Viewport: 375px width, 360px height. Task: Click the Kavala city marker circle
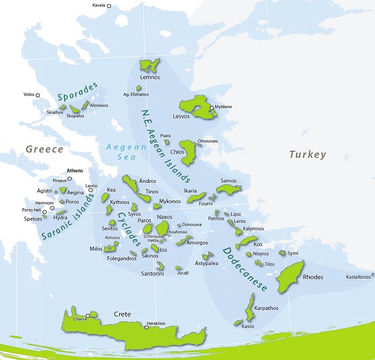pos(109,6)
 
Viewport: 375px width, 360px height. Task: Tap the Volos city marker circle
pos(38,95)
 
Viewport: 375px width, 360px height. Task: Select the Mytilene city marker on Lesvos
pos(212,108)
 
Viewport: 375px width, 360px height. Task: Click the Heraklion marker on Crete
pos(147,327)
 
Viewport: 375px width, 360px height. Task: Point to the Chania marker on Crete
pos(88,316)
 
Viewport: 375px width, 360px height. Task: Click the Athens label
pos(75,171)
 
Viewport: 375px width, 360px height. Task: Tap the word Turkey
pos(308,154)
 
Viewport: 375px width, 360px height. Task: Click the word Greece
pos(44,149)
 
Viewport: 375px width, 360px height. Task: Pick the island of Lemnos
pos(150,66)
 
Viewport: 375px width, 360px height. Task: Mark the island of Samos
pos(228,189)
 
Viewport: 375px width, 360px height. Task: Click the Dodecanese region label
pos(245,269)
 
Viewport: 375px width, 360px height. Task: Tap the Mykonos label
pos(169,201)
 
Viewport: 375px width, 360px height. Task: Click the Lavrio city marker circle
pos(91,190)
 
